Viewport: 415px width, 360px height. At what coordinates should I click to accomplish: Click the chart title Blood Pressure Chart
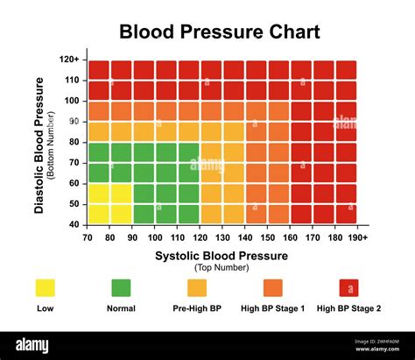(x=207, y=32)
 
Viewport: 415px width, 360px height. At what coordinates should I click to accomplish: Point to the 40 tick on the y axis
(x=74, y=224)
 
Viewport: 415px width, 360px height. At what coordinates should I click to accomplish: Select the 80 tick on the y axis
(x=74, y=142)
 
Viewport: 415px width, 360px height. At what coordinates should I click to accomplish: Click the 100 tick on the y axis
(x=73, y=101)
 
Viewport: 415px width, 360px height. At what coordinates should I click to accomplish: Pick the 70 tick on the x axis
(x=87, y=237)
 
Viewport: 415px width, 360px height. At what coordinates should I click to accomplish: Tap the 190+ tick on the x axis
(x=357, y=237)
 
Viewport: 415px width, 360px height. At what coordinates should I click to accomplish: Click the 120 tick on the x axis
(x=200, y=237)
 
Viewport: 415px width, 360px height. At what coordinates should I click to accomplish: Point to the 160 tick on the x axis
(x=290, y=237)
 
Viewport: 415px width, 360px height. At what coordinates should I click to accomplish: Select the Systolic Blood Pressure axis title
(x=222, y=256)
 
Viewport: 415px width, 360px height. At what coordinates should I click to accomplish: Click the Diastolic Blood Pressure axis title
(x=39, y=145)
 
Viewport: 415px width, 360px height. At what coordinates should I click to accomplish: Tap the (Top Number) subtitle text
(x=222, y=267)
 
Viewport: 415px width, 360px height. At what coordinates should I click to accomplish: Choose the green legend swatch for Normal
(x=121, y=288)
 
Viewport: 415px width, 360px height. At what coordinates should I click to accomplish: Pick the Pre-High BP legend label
(x=197, y=308)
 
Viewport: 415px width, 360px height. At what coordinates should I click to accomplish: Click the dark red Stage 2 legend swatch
(x=349, y=288)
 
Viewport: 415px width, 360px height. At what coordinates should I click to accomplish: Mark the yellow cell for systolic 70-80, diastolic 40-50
(x=98, y=215)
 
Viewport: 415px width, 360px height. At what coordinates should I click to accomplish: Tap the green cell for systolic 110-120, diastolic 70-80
(x=188, y=152)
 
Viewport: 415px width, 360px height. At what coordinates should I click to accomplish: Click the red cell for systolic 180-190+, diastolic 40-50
(x=346, y=215)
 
